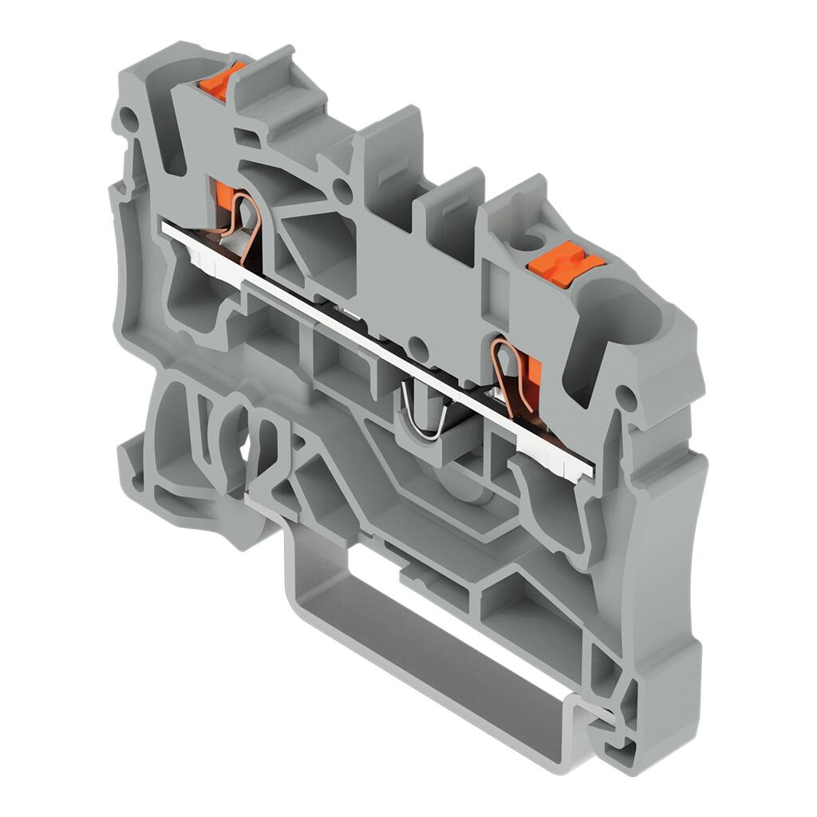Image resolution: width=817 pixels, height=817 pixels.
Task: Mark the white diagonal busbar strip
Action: (375, 348)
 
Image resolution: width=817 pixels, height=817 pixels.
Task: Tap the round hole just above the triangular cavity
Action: (341, 190)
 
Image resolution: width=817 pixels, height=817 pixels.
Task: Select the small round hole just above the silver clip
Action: (416, 345)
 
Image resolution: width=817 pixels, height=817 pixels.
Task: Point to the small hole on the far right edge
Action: (629, 397)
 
